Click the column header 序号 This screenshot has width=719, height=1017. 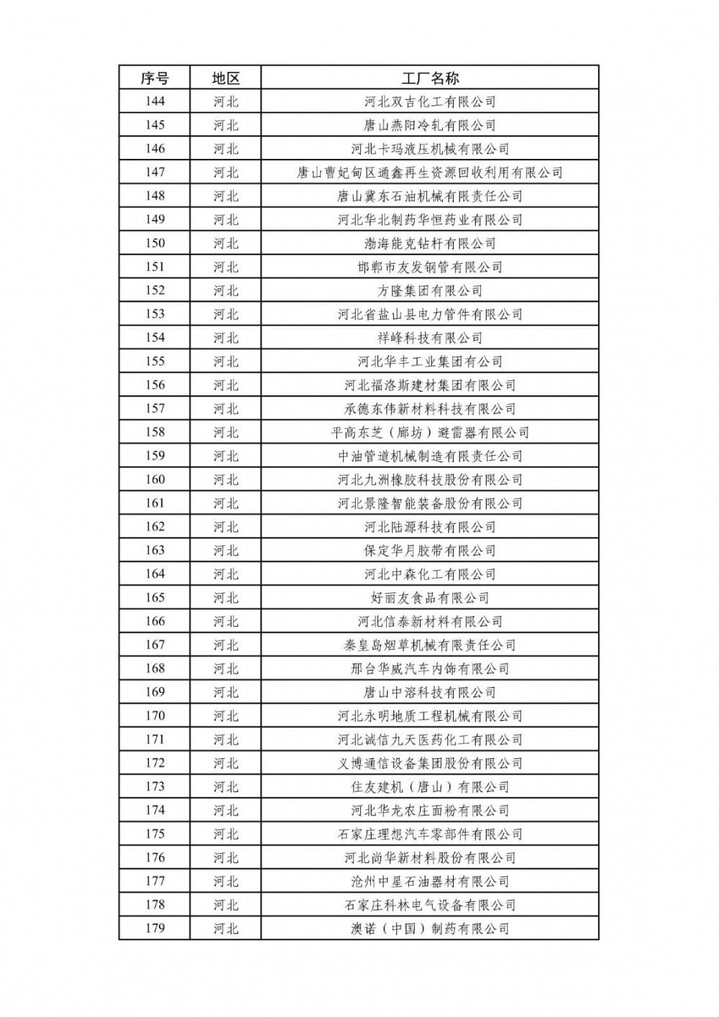155,78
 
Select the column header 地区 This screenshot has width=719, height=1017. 226,78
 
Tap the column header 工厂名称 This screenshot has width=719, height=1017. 430,78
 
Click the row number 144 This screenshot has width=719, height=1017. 155,101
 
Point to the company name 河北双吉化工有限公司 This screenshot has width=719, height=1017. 430,101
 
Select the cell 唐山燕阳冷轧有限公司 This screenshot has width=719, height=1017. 430,125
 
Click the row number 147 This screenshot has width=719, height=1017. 155,172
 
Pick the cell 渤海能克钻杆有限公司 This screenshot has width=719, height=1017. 430,243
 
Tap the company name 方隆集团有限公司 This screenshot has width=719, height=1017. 430,290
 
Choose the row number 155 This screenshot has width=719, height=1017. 155,362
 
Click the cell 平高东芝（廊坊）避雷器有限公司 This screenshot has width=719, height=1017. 430,432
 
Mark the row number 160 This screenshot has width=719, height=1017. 155,479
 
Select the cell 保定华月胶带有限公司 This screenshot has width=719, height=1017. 430,551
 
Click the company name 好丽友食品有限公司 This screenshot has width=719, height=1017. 430,597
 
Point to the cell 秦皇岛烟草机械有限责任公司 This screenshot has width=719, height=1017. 430,645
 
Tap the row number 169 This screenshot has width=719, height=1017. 155,692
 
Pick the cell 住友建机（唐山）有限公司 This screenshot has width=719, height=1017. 430,786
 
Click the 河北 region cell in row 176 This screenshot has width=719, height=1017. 226,857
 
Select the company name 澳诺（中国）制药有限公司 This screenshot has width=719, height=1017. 430,928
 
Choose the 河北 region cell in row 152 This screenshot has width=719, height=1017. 226,290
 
